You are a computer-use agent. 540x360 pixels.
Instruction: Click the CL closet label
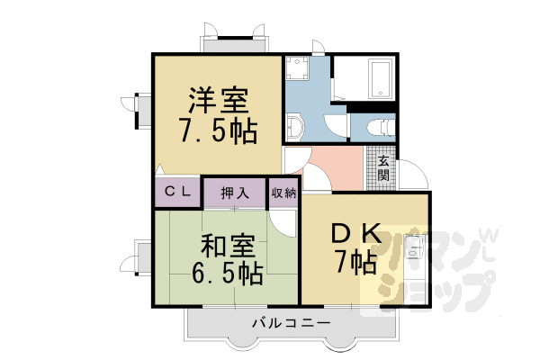(x=176, y=193)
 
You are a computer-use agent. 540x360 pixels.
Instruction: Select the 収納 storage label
(x=283, y=193)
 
